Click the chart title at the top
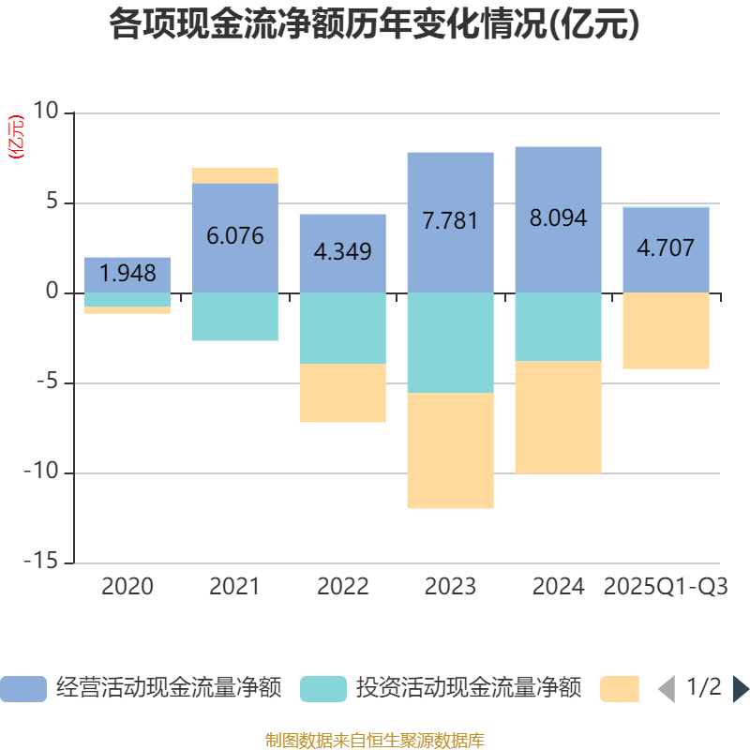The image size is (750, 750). point(375,25)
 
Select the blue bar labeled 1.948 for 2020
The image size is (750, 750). point(127,274)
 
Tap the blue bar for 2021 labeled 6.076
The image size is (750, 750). point(235,237)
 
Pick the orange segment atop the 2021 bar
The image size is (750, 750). point(235,174)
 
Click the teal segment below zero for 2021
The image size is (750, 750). point(235,317)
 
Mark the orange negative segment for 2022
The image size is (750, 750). point(343,393)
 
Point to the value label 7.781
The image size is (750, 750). point(451,221)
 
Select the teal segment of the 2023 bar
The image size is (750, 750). point(451,342)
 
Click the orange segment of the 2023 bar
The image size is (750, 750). point(451,451)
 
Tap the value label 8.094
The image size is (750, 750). point(559,218)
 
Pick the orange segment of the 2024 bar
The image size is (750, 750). point(559,417)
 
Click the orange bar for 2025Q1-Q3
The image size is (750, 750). point(667,331)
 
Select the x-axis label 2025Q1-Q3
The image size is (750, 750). point(667,587)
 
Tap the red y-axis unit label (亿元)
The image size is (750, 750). point(16,138)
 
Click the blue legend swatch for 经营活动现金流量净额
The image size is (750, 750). point(23,688)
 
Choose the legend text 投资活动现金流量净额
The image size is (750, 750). point(469,688)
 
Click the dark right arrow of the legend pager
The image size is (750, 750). point(741,688)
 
